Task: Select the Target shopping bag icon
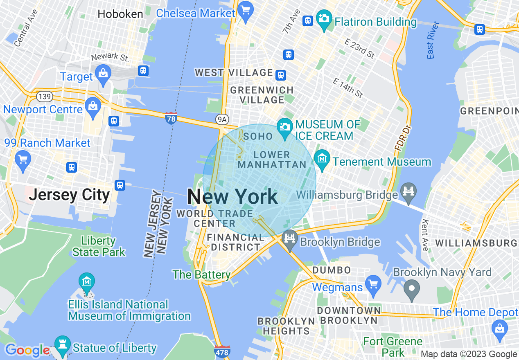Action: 103,74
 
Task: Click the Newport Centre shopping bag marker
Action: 93,107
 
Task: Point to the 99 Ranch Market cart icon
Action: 23,157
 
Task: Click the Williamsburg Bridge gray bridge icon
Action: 408,191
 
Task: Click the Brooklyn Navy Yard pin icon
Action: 412,289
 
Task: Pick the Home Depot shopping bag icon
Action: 499,327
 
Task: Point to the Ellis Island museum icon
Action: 87,281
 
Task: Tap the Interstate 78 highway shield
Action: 171,118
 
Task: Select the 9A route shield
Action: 221,119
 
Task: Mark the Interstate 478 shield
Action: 222,351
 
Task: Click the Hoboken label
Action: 120,14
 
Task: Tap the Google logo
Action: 27,351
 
